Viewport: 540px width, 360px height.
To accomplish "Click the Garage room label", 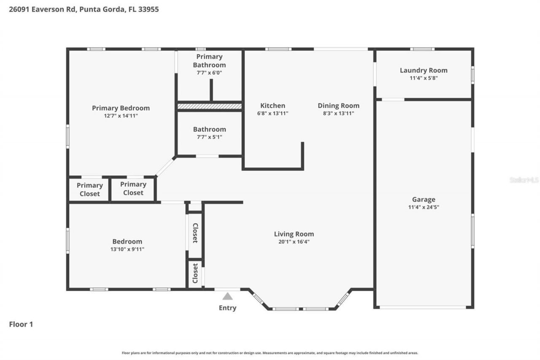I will [424, 200].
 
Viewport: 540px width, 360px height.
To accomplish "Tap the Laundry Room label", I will [424, 70].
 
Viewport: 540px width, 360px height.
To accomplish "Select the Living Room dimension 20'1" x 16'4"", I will [294, 242].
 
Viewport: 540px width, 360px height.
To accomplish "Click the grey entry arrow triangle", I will [227, 296].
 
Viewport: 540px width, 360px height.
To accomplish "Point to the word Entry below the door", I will [227, 308].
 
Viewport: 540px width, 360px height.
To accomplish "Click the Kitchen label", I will [273, 106].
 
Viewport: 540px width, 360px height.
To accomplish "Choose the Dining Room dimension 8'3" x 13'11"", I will [338, 113].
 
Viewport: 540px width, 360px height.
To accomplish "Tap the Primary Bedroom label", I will [121, 108].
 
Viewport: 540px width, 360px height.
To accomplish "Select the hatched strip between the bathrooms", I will [209, 106].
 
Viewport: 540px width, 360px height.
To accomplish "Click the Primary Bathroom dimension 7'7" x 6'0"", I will [209, 73].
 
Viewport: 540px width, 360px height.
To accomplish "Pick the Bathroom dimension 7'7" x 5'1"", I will [209, 137].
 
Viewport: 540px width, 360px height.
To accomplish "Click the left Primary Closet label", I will [89, 189].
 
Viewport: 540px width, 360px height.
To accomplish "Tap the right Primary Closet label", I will [133, 188].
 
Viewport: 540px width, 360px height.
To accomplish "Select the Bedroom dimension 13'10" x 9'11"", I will [127, 249].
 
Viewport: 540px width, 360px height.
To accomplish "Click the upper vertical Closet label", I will [195, 233].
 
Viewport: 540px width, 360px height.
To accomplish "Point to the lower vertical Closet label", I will [195, 273].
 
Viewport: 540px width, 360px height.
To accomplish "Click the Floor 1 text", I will [21, 324].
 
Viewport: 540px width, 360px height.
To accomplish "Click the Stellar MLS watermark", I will [524, 180].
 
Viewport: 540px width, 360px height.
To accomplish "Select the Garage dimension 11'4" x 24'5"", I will [424, 207].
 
